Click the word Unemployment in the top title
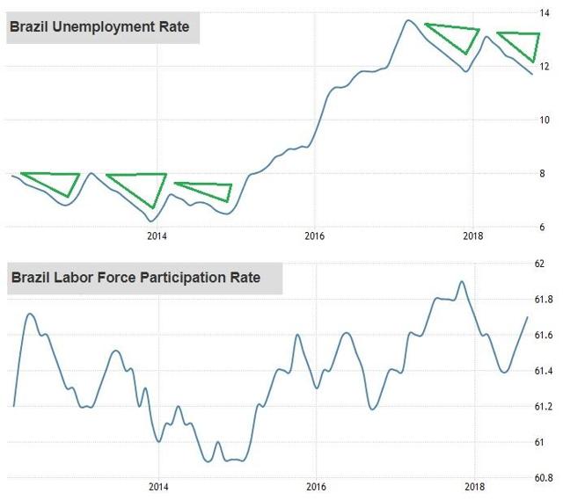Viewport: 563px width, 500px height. tap(97, 26)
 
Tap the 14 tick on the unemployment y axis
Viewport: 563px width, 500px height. tap(545, 13)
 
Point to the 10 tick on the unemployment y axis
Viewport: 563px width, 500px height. tap(545, 120)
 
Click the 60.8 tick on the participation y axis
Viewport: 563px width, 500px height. tap(543, 478)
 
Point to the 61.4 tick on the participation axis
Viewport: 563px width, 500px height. tap(543, 372)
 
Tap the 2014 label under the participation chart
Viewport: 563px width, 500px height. tap(158, 486)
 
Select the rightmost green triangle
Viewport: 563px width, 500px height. tap(523, 41)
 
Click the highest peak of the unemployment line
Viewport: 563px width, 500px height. tap(407, 20)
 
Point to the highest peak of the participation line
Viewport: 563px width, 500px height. tap(462, 282)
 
